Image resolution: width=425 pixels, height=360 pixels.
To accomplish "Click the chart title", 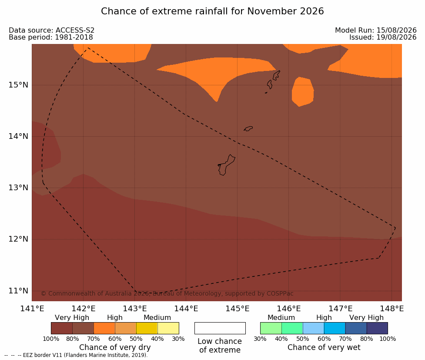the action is [212, 11].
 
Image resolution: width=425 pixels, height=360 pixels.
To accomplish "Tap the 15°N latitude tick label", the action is [18, 85].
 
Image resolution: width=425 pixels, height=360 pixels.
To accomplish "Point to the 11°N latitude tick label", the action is [18, 291].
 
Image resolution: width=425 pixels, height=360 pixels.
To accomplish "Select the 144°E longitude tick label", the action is [186, 309].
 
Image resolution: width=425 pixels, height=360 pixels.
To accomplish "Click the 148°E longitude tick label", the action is [392, 309].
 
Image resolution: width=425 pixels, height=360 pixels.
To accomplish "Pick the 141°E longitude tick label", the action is [32, 309].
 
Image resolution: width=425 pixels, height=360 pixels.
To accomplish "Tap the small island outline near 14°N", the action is [248, 128].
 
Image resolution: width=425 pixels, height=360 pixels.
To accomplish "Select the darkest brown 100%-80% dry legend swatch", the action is [62, 328].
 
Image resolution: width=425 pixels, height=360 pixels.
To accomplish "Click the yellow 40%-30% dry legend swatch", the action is [168, 328].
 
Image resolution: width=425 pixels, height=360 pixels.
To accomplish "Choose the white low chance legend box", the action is [220, 328].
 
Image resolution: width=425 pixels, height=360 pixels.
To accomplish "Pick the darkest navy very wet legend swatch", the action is [377, 328].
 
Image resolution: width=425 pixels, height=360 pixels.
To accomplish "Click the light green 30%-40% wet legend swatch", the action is [271, 328].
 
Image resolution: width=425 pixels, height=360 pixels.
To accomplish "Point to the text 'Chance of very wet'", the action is [324, 347].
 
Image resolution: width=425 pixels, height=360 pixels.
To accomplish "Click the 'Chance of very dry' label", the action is [115, 347].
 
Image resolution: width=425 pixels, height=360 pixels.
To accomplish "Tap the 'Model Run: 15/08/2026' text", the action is [376, 30].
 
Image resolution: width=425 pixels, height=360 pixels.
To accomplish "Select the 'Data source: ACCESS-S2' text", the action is [51, 30].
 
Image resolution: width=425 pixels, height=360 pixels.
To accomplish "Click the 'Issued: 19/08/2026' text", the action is [383, 37].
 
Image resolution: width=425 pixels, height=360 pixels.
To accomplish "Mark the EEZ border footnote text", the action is [76, 355].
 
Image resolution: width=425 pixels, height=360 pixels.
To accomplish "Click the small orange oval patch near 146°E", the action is [303, 92].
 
